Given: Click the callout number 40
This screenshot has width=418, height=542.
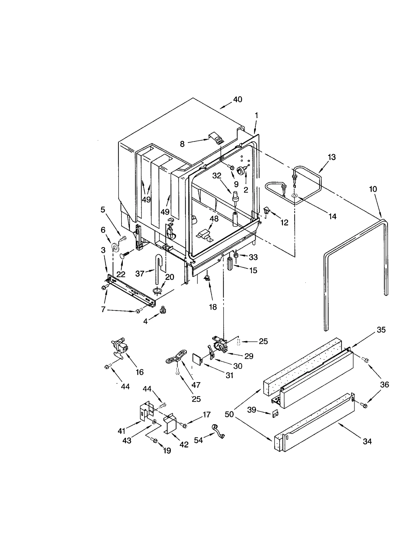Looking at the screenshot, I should click(x=237, y=100).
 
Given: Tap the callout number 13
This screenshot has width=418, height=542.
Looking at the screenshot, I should click(x=332, y=157).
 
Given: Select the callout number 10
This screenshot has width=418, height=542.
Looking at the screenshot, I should click(x=373, y=189).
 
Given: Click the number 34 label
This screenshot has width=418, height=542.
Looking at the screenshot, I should click(x=367, y=441).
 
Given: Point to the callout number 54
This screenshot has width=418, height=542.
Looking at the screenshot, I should click(x=198, y=440).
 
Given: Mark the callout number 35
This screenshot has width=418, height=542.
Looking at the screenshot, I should click(x=381, y=330).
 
